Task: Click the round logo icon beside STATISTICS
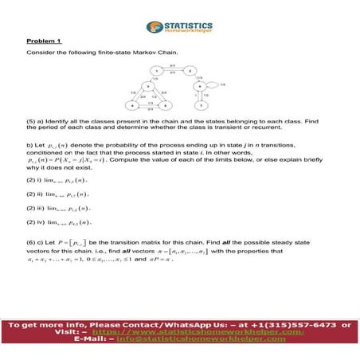click(x=152, y=27)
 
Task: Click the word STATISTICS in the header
click(x=185, y=24)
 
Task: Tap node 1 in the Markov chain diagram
click(x=158, y=71)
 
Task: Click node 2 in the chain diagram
click(x=190, y=71)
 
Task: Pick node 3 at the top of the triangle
click(x=148, y=86)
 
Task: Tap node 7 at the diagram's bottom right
click(x=202, y=104)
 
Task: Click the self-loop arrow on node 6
click(x=213, y=84)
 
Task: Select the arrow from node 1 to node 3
click(x=153, y=78)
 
